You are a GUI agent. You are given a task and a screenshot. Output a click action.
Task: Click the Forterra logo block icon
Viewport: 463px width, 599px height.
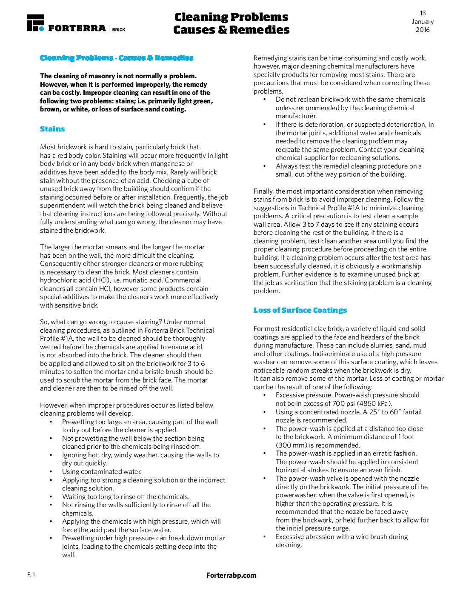(35, 23)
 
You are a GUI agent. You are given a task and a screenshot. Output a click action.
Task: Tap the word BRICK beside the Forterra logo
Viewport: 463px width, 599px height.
(119, 29)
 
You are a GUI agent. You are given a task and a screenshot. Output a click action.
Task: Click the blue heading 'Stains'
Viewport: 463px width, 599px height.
(52, 129)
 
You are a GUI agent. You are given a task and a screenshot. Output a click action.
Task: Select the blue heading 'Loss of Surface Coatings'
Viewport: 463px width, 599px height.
(300, 310)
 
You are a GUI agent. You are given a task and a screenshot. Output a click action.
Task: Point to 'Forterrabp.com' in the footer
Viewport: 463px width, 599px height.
(231, 575)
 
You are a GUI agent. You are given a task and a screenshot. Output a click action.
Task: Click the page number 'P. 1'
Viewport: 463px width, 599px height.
(31, 575)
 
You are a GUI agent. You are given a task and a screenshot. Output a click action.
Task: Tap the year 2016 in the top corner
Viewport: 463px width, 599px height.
(423, 30)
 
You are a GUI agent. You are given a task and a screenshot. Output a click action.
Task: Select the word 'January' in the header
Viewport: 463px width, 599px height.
(423, 22)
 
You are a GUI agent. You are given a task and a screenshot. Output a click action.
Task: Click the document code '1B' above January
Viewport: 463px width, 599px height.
(423, 13)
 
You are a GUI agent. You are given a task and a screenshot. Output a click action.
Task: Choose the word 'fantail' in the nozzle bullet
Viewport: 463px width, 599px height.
(411, 412)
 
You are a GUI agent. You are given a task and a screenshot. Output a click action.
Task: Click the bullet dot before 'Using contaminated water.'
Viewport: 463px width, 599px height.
(51, 471)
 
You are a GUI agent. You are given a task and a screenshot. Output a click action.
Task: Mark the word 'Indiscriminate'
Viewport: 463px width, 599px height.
(335, 354)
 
